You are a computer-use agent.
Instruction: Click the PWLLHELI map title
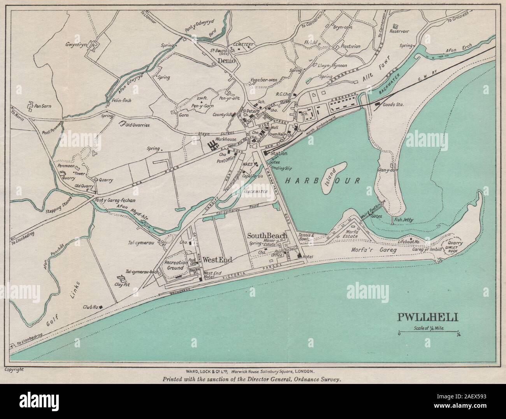(427, 317)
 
